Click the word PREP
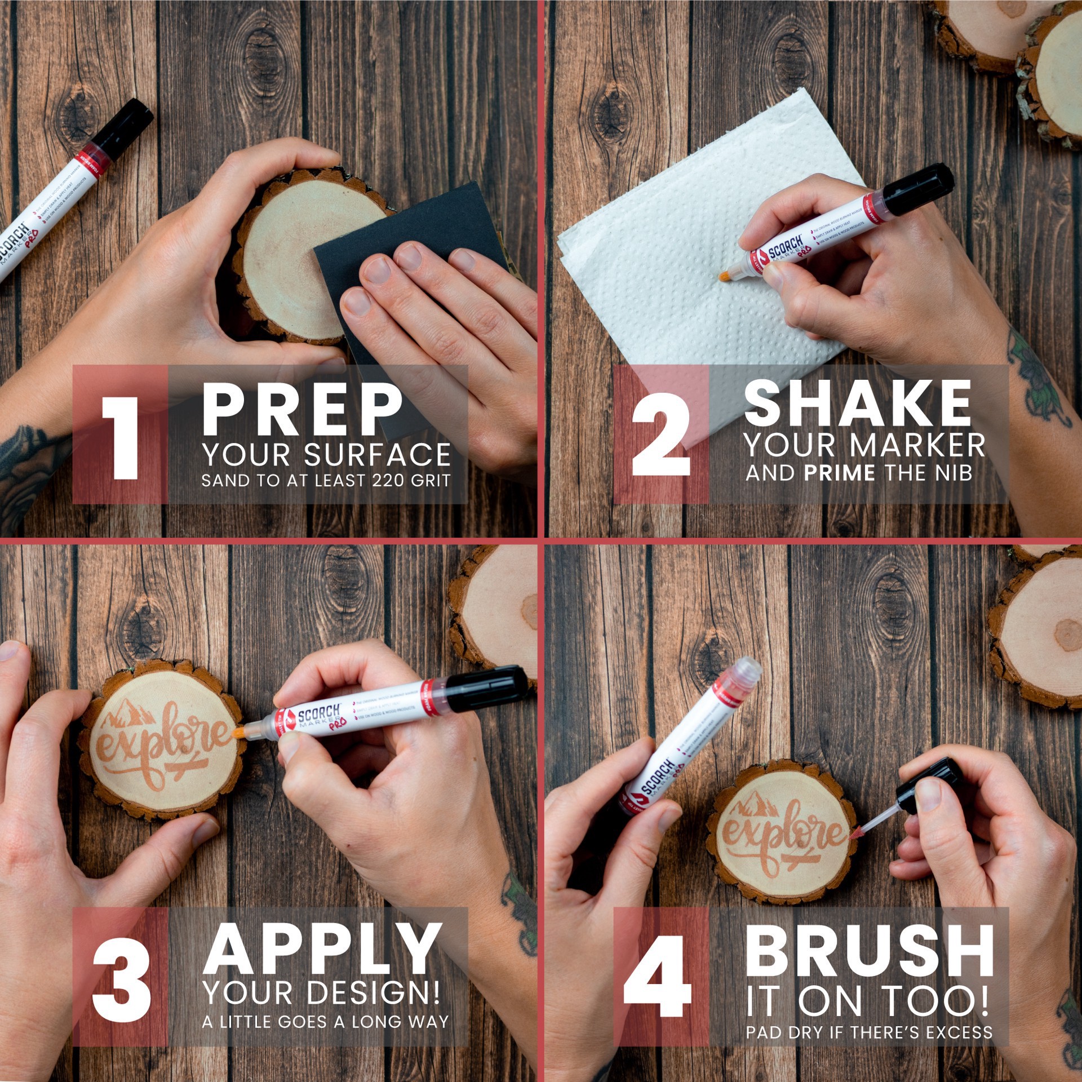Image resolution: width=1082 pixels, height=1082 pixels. pyautogui.click(x=302, y=410)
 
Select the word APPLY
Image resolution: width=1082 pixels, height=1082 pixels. pyautogui.click(x=322, y=950)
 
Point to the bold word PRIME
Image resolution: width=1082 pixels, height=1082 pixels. pyautogui.click(x=840, y=473)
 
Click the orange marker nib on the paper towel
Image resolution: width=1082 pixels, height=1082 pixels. pyautogui.click(x=724, y=276)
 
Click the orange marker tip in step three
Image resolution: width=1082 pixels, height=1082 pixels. pyautogui.click(x=240, y=732)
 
